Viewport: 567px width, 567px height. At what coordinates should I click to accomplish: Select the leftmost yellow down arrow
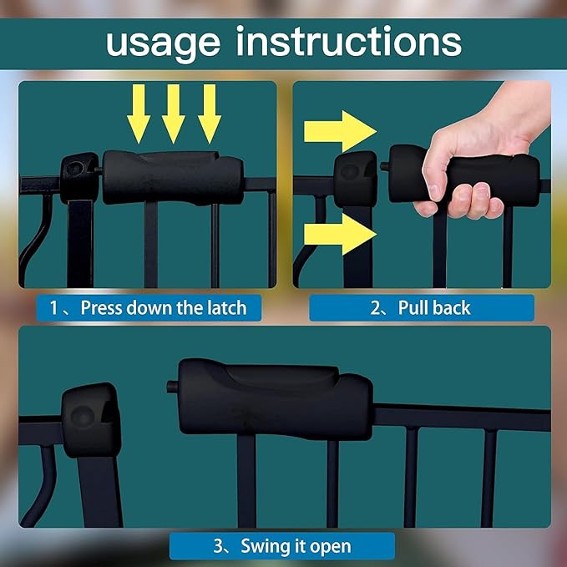coord(139,114)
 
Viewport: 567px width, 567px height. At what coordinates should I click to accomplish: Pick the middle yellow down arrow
coord(173,114)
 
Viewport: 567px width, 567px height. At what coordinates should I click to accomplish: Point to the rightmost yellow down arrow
coord(209,114)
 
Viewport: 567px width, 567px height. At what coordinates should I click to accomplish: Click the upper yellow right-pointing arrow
coord(340,131)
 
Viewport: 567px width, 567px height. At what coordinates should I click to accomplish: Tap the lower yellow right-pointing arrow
coord(340,234)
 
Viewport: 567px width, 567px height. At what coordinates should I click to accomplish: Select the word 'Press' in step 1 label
coord(101,308)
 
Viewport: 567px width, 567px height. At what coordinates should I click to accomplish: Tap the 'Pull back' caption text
coord(434,308)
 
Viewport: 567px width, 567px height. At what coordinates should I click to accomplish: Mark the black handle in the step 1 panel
coord(173,177)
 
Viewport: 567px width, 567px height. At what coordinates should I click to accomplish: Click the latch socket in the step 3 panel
coord(91,419)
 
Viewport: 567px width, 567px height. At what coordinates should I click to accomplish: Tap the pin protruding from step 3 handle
coord(173,387)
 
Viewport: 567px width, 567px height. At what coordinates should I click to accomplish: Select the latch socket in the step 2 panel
coord(355,179)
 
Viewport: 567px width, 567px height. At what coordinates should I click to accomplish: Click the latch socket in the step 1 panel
coord(79,177)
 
